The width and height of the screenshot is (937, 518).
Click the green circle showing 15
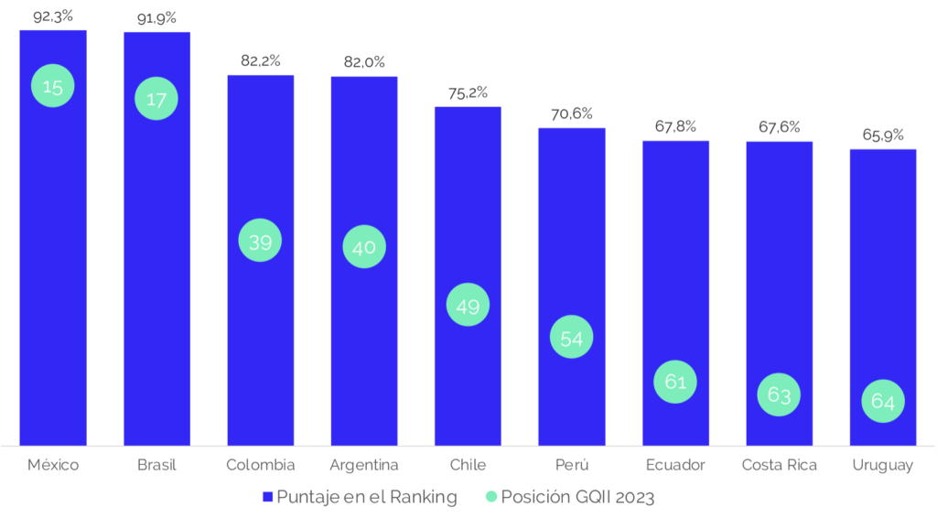tap(53, 86)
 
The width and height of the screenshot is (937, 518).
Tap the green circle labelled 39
tap(261, 241)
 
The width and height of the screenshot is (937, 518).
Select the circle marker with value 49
tap(468, 306)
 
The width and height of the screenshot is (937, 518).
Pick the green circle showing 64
tap(883, 401)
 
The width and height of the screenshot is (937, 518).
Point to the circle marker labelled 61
tap(675, 382)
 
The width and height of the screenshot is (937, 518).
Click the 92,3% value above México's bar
tap(53, 16)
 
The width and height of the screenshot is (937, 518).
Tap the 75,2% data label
tap(468, 92)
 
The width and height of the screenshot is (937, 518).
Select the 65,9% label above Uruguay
tap(883, 135)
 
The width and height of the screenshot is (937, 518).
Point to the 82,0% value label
tap(364, 62)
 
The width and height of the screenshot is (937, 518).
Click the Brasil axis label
tap(156, 465)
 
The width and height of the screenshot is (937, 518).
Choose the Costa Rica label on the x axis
tap(779, 465)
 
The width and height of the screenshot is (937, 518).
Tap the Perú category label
tap(571, 465)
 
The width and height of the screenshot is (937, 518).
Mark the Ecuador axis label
tap(675, 465)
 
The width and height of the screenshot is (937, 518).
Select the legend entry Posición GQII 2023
tap(576, 497)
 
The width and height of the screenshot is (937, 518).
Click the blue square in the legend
tap(268, 497)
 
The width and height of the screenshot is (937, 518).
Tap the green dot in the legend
tap(491, 497)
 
